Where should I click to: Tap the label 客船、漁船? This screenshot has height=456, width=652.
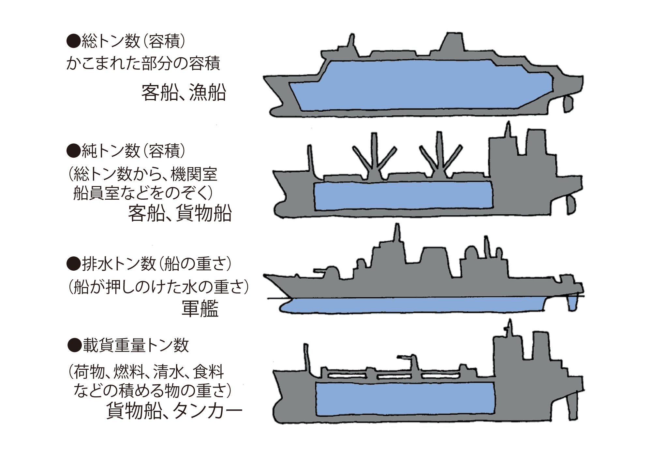pyautogui.click(x=184, y=93)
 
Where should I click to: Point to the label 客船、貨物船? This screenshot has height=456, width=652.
pyautogui.click(x=180, y=213)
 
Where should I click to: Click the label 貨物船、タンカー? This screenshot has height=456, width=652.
pyautogui.click(x=174, y=411)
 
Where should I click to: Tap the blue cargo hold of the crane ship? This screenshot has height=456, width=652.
pyautogui.click(x=403, y=195)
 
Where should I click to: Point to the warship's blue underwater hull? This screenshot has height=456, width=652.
pyautogui.click(x=424, y=305)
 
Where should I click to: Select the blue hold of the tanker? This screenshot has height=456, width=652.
pyautogui.click(x=404, y=399)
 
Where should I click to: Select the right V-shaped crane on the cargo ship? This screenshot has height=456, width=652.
pyautogui.click(x=440, y=156)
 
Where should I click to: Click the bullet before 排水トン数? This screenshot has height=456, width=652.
pyautogui.click(x=73, y=264)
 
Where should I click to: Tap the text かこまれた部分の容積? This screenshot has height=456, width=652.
pyautogui.click(x=143, y=64)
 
